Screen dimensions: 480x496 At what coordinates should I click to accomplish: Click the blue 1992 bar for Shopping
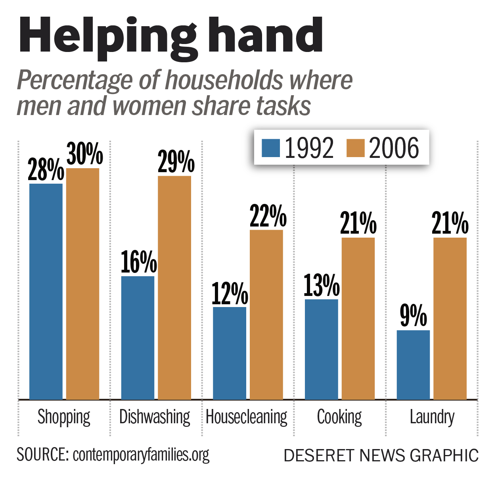tap(46, 292)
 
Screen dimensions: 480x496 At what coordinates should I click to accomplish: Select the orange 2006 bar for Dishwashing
tap(174, 288)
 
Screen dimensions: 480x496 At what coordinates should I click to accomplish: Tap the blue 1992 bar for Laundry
tap(413, 365)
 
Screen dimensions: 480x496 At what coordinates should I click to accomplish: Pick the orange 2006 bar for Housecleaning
tap(266, 315)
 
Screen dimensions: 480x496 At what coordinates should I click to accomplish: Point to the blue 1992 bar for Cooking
tap(321, 349)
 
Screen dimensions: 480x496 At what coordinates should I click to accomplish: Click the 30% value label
tap(84, 154)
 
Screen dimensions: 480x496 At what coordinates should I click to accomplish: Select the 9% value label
tap(413, 316)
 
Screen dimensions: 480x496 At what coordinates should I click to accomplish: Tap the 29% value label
tap(176, 161)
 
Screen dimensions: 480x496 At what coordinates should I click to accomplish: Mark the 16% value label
tap(138, 262)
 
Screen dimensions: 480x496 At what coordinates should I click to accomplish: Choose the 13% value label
tap(322, 285)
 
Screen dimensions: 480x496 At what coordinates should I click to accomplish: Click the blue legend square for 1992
tap(271, 148)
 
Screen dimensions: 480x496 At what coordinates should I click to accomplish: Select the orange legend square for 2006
tap(355, 148)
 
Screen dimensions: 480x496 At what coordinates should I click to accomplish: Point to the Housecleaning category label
tap(247, 417)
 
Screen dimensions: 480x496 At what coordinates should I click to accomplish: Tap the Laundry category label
tap(432, 417)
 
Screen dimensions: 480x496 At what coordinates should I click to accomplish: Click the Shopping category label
tap(64, 417)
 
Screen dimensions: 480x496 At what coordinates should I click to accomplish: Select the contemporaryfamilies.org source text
tap(141, 455)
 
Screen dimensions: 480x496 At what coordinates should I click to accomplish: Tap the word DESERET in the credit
tap(318, 455)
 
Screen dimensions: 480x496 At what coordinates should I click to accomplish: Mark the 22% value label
tap(268, 216)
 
